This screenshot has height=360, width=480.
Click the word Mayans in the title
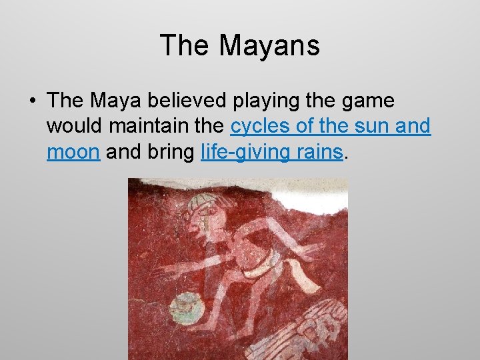coord(269,46)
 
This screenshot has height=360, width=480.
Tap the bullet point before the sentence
coord(32,101)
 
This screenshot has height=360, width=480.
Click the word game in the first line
coord(368,101)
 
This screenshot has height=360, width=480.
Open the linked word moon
coord(73,152)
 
